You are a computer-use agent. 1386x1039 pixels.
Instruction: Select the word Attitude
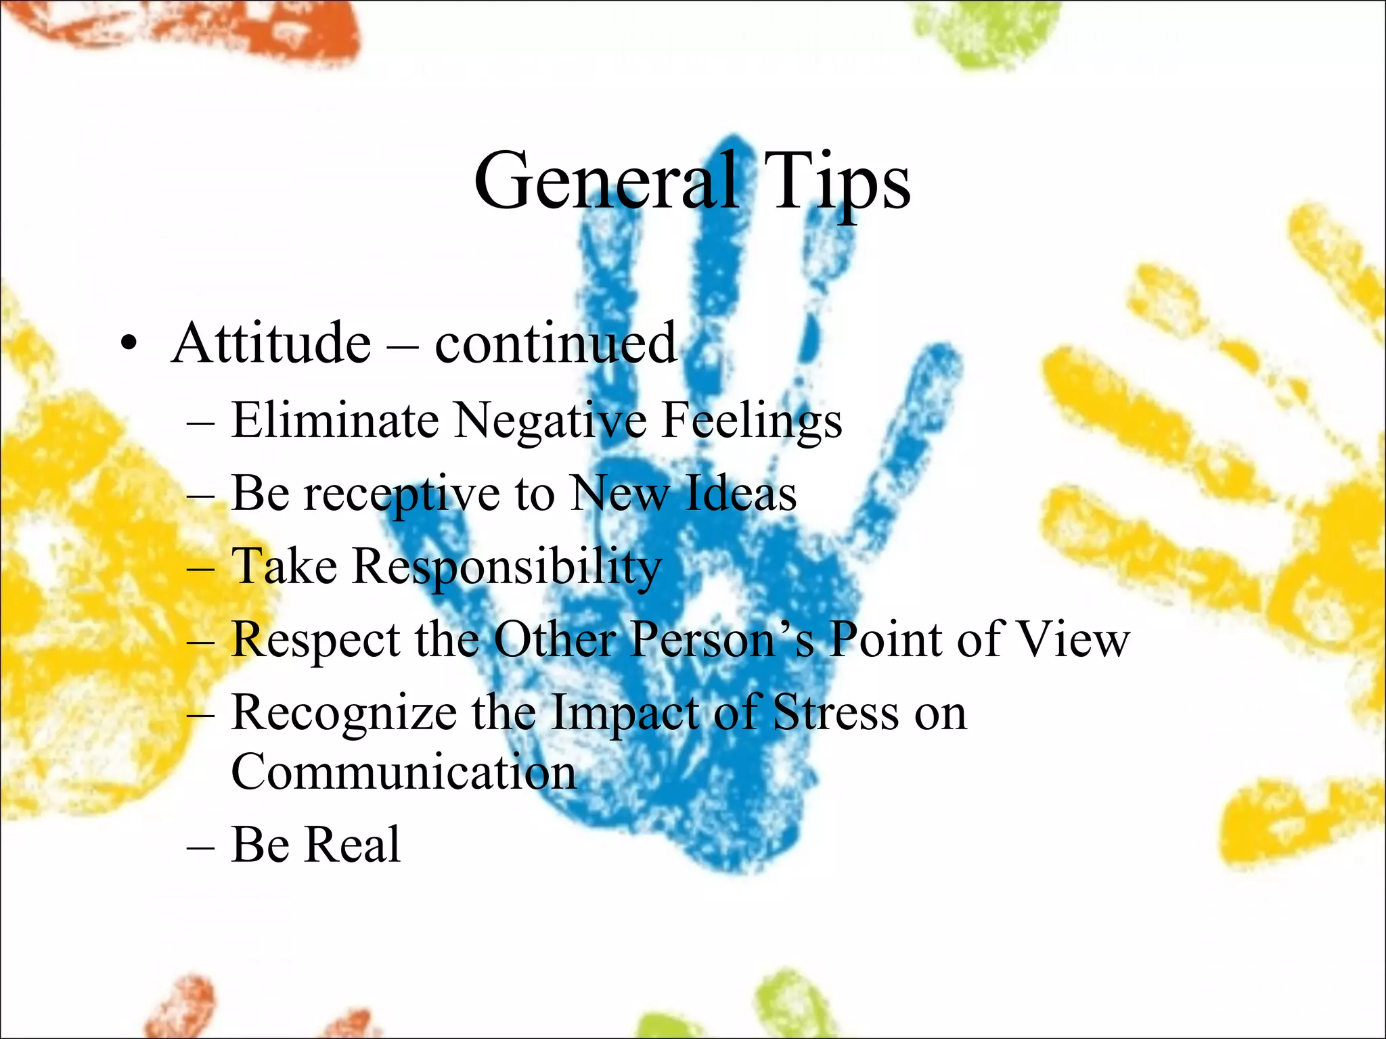(271, 343)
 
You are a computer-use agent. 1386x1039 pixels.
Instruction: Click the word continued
(555, 343)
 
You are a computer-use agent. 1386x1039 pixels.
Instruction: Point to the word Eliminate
(335, 420)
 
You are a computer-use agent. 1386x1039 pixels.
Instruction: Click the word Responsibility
(507, 568)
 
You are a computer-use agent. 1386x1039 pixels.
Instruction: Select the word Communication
(403, 772)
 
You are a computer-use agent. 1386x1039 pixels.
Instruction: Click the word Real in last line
(354, 845)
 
